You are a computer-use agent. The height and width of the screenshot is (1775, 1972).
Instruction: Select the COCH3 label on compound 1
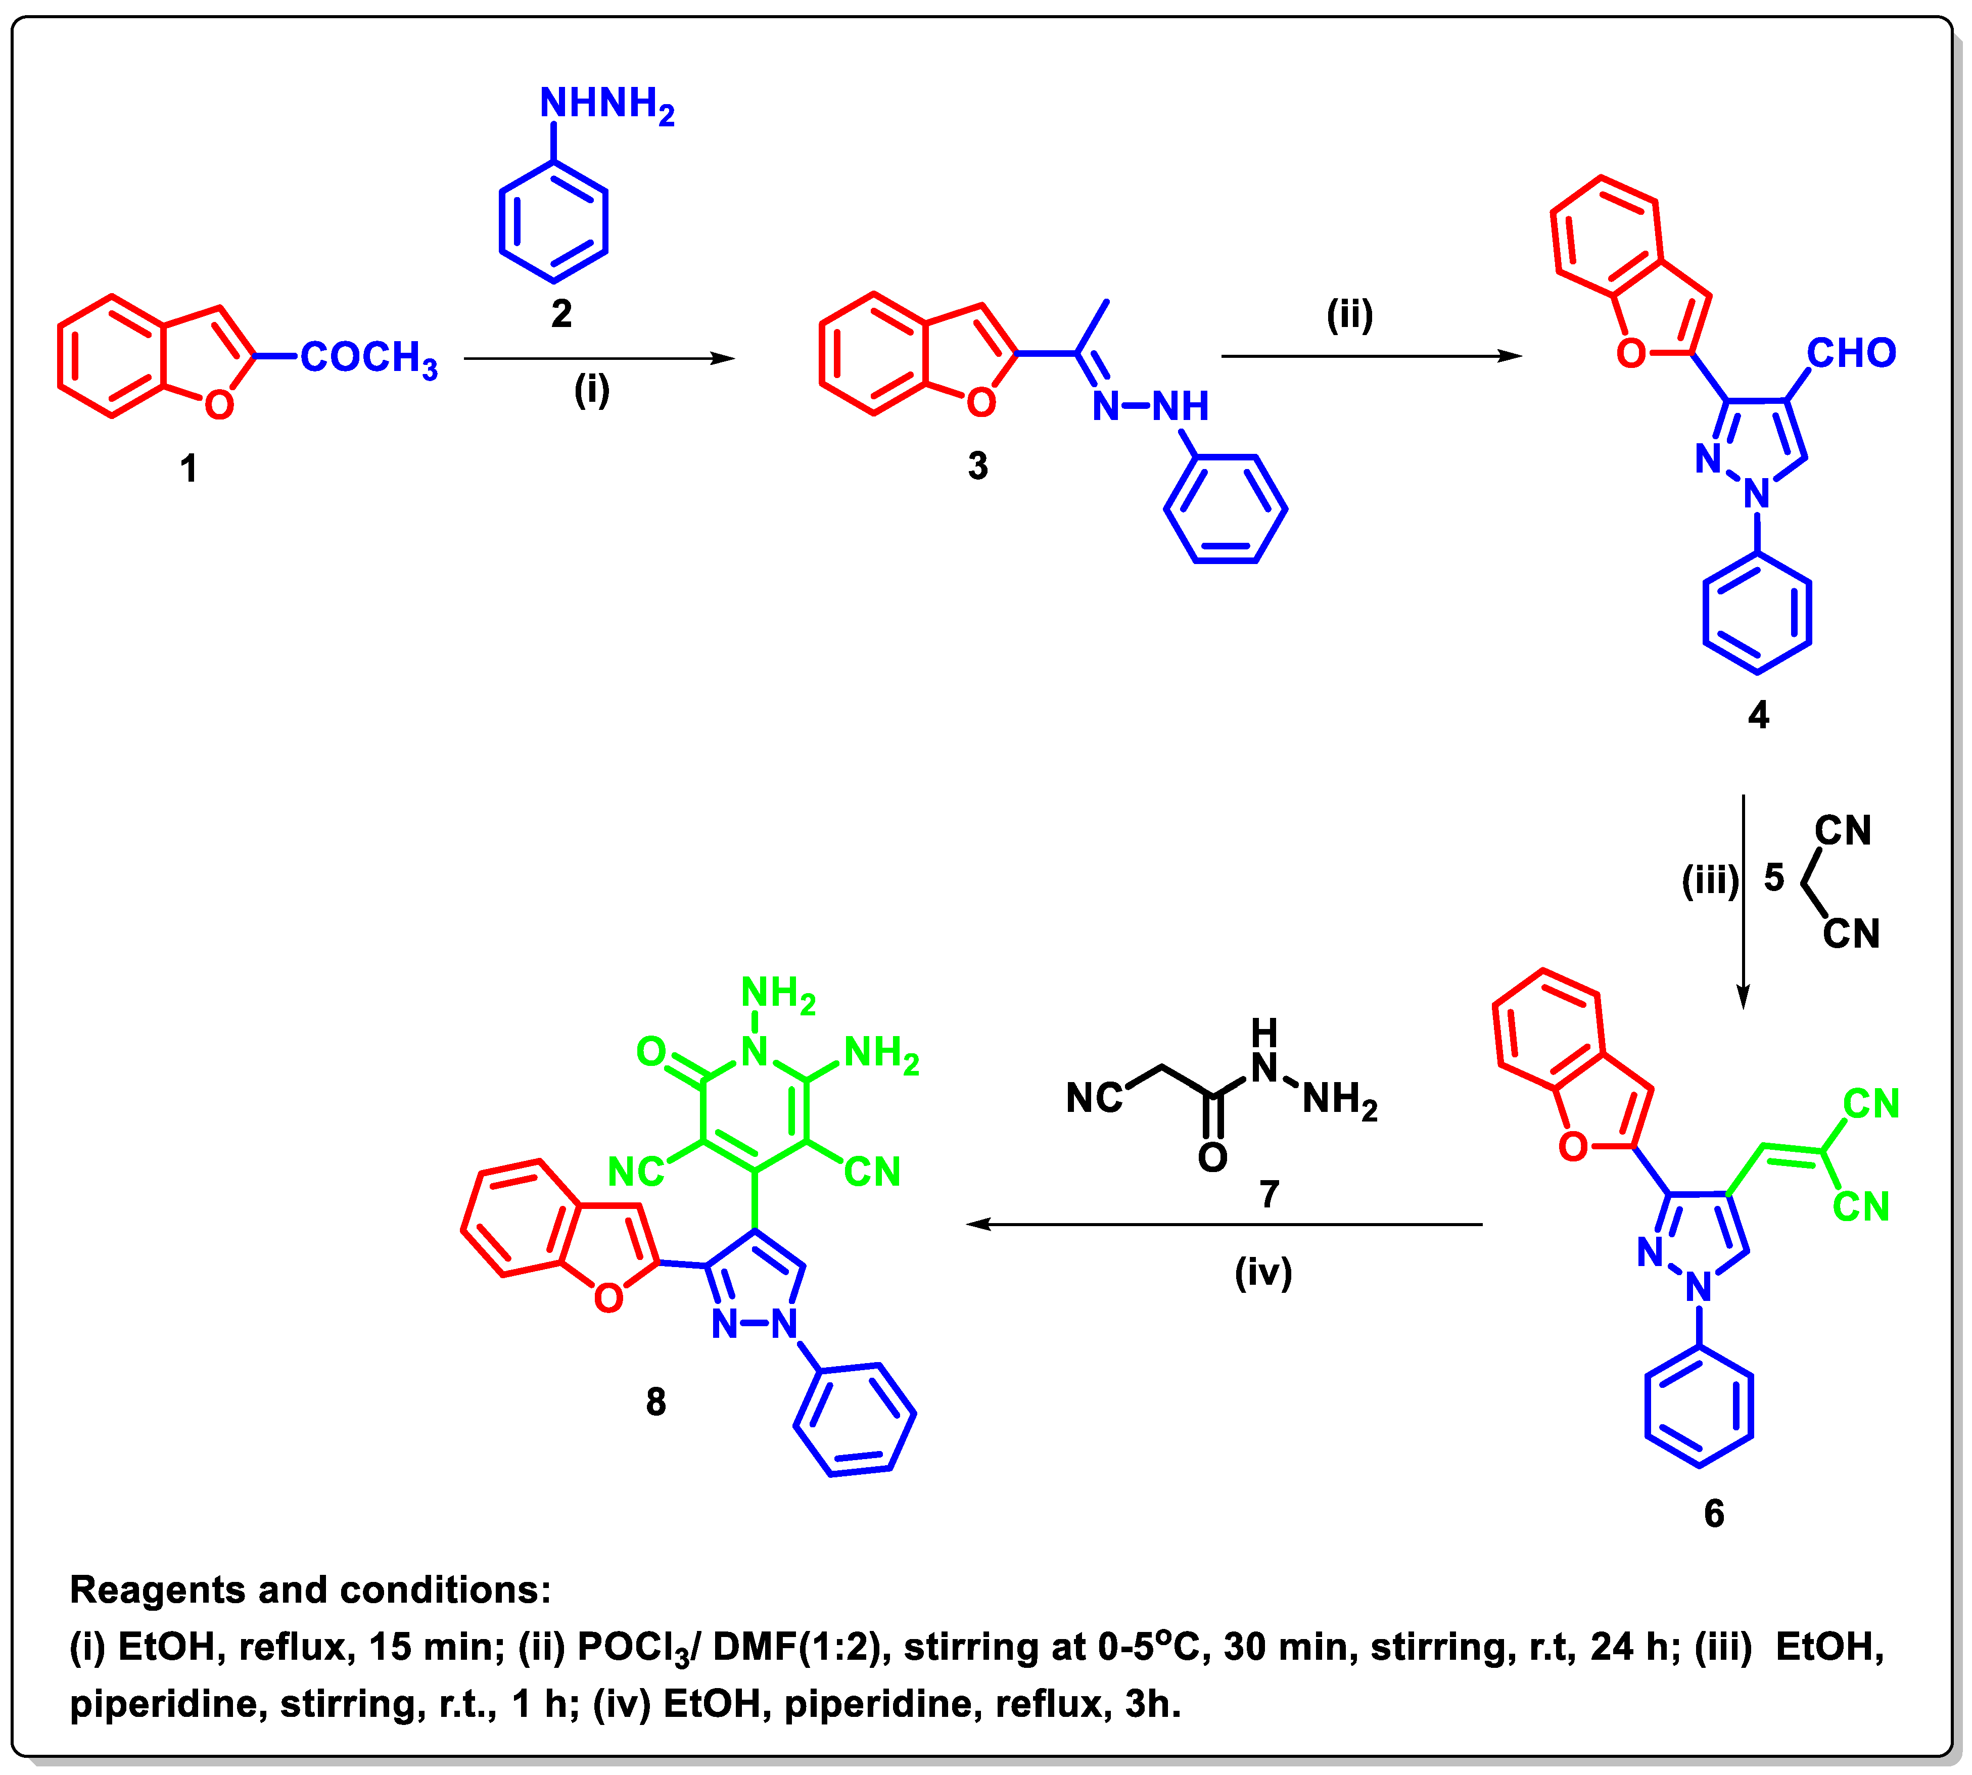[x=368, y=358]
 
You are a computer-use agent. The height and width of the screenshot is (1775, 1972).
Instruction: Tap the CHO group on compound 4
[x=1851, y=353]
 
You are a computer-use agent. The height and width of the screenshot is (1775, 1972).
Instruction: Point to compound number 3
[x=977, y=466]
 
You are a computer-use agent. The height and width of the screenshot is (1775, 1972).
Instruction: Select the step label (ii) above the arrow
[x=1350, y=315]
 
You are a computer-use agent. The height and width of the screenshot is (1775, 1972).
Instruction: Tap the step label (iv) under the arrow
[x=1263, y=1273]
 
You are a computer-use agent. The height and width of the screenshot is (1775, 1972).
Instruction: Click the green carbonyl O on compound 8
[x=650, y=1051]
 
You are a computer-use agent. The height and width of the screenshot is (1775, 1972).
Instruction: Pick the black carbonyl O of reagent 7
[x=1212, y=1158]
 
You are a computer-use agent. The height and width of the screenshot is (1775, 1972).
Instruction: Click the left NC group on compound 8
[x=635, y=1172]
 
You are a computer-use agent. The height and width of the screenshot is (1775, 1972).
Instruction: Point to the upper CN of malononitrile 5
[x=1842, y=831]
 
